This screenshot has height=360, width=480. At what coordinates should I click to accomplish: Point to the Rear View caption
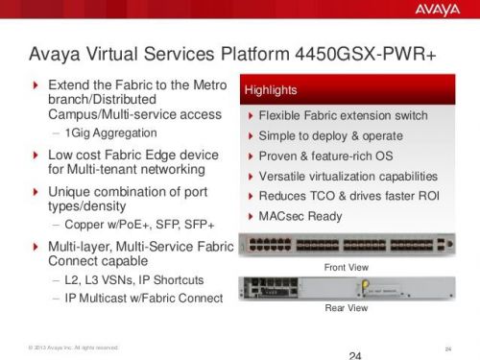tap(347, 308)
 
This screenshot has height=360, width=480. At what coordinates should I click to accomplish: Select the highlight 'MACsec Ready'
tap(300, 216)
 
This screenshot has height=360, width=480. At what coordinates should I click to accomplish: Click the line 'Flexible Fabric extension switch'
tap(344, 116)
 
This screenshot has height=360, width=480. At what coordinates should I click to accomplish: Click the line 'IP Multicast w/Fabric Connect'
tap(144, 299)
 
